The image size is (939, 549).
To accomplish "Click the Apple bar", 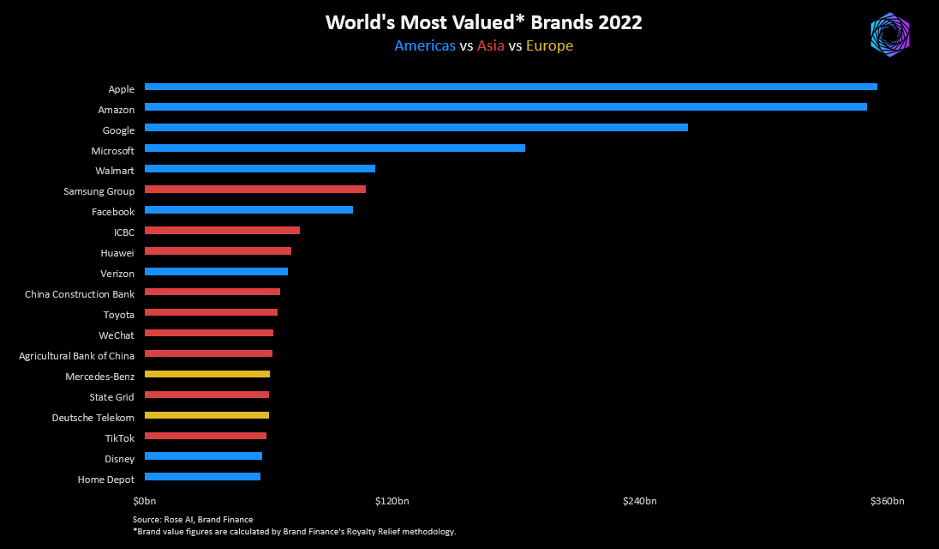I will pyautogui.click(x=511, y=87).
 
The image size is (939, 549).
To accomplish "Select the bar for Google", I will pyautogui.click(x=416, y=128).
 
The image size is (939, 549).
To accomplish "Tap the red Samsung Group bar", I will pyautogui.click(x=255, y=190).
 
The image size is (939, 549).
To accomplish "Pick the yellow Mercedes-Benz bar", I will pyautogui.click(x=207, y=375).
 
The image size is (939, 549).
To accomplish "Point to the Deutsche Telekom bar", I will pyautogui.click(x=206, y=416).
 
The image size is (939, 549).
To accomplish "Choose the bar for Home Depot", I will pyautogui.click(x=202, y=477).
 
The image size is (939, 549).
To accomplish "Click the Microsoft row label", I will pyautogui.click(x=113, y=151).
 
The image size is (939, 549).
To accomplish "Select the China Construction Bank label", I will pyautogui.click(x=80, y=294).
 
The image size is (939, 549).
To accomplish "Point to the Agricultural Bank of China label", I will pyautogui.click(x=77, y=356).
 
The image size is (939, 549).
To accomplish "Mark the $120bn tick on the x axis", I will pyautogui.click(x=392, y=501).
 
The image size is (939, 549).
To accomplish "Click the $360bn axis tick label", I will pyautogui.click(x=887, y=501).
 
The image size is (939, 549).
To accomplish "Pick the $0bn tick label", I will pyautogui.click(x=144, y=501).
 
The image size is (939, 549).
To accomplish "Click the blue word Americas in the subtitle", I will pyautogui.click(x=425, y=46).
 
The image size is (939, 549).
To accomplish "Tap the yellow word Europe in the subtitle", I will pyautogui.click(x=549, y=46).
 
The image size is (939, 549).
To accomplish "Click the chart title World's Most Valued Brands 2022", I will pyautogui.click(x=483, y=23).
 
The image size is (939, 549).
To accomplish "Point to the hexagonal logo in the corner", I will pyautogui.click(x=889, y=35).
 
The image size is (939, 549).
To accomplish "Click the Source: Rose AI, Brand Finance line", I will pyautogui.click(x=193, y=520).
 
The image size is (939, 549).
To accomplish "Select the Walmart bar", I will pyautogui.click(x=260, y=169).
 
